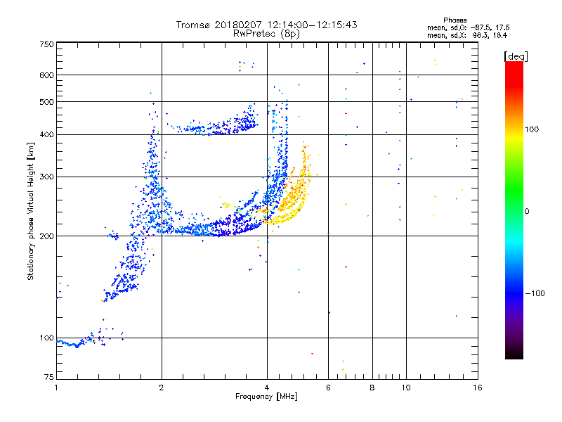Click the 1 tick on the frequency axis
point(56,388)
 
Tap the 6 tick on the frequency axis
point(328,388)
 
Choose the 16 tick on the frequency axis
point(477,388)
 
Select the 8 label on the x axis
point(372,388)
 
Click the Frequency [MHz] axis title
point(266,397)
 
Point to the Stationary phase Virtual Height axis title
point(31,211)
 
